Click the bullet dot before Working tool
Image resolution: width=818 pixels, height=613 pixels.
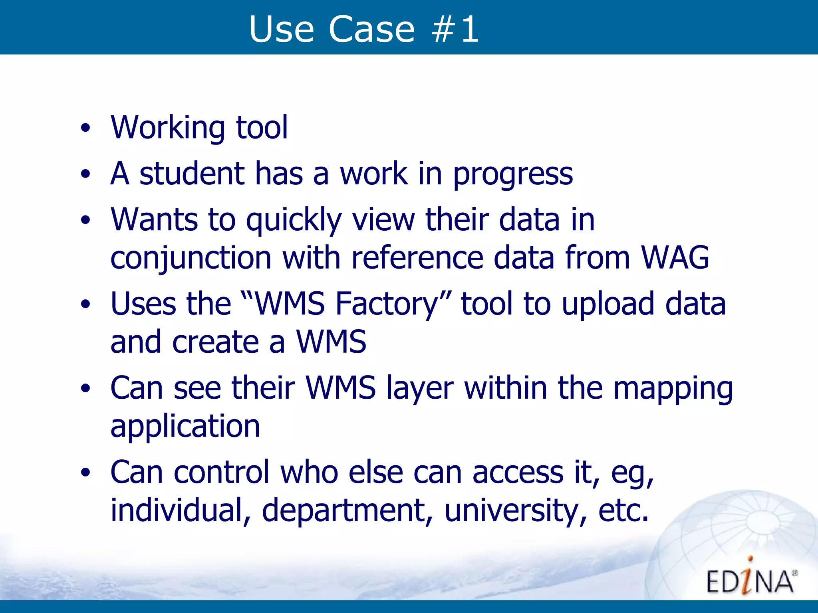point(85,129)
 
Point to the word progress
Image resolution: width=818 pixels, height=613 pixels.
point(513,174)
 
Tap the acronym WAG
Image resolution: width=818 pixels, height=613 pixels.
point(675,258)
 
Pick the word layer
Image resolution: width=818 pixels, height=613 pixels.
point(420,388)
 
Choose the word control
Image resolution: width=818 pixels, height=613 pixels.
point(222,472)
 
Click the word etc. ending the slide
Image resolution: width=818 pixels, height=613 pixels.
point(623,511)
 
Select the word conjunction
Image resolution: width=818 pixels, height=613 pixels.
point(191,259)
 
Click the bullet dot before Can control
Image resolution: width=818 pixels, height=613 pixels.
point(85,473)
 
